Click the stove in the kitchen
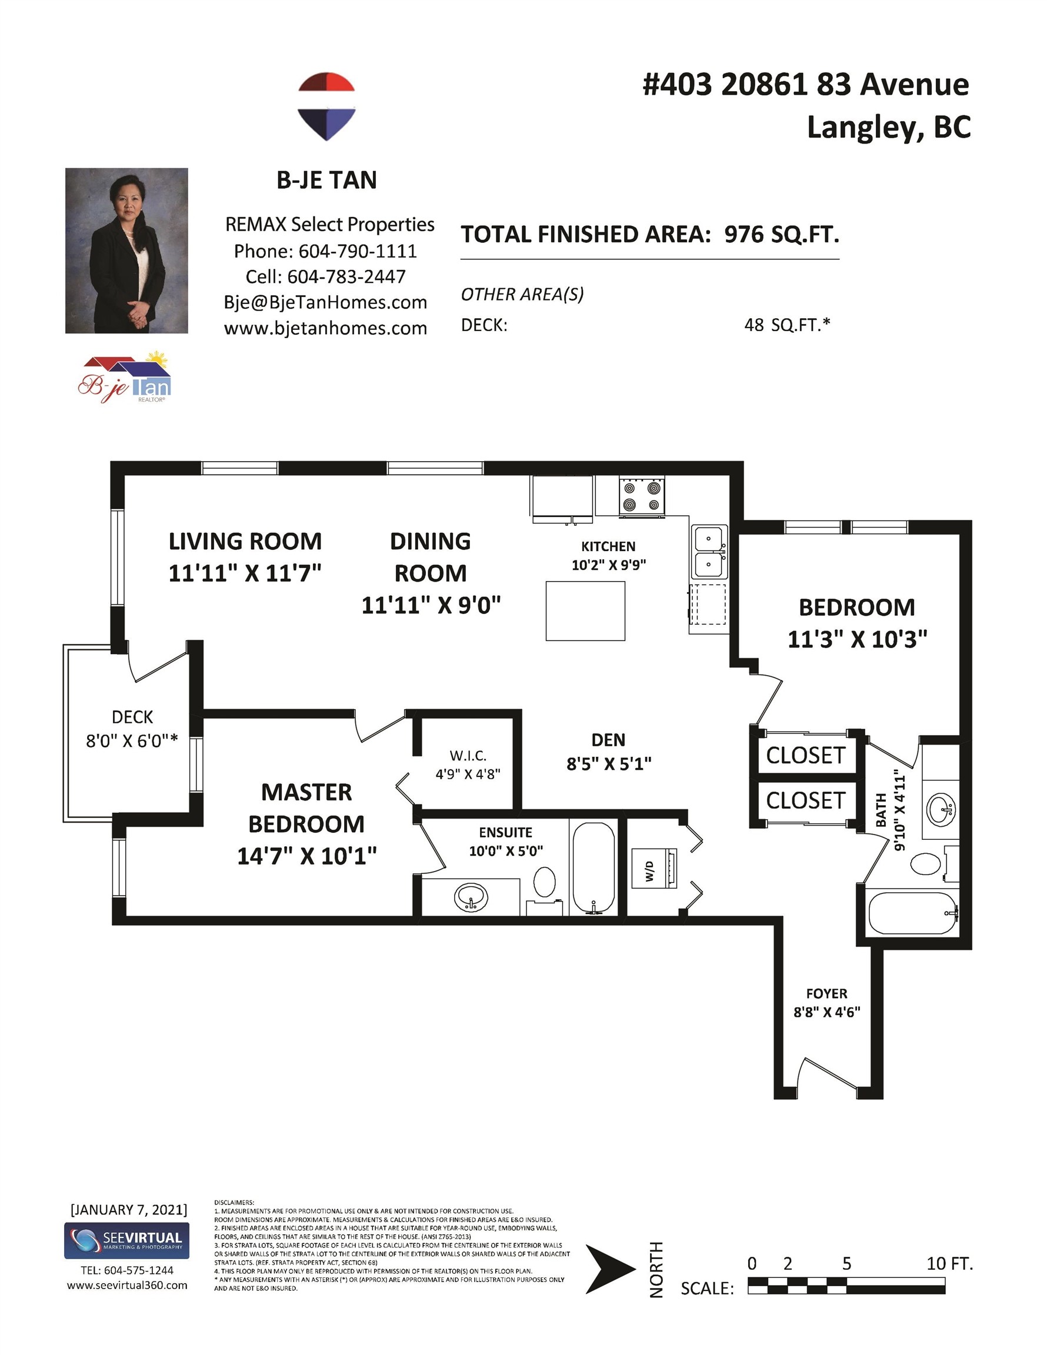tap(642, 495)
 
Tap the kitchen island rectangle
tap(585, 610)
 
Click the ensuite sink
tap(471, 896)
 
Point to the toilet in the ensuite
tap(544, 888)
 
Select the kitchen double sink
tap(709, 552)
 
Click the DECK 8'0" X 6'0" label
tap(132, 729)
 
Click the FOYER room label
tap(826, 993)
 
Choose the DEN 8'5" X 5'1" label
tap(609, 752)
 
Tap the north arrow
tap(610, 1269)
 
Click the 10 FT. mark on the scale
tap(949, 1263)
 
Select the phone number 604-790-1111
tap(358, 251)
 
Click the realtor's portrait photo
tap(126, 251)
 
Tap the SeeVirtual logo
tap(127, 1240)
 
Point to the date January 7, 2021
tap(128, 1209)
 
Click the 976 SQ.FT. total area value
tap(782, 235)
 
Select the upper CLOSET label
tap(806, 755)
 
